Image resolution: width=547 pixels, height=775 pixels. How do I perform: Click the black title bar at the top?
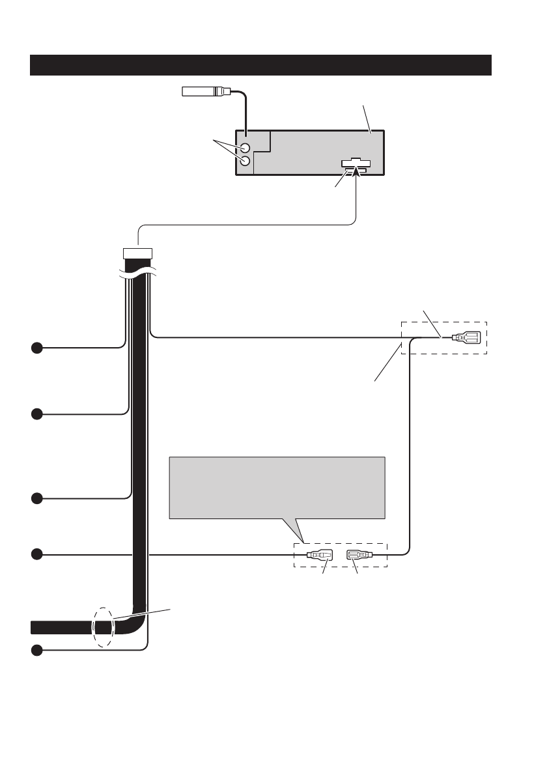(x=260, y=65)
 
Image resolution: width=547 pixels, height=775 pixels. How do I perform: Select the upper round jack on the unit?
(x=245, y=148)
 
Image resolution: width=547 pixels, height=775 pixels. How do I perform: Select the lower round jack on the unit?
(x=245, y=162)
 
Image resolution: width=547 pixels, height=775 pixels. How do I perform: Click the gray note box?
(x=277, y=487)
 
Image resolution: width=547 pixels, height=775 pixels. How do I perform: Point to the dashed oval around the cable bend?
(x=103, y=628)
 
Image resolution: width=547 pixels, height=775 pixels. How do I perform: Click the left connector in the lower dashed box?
(x=318, y=556)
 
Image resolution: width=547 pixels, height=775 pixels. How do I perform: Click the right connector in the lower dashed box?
(x=359, y=556)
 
